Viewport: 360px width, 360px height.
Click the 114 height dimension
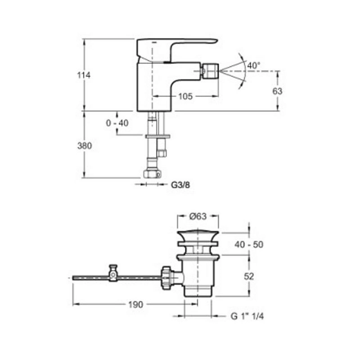pos(84,75)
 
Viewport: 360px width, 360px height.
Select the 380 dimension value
pos(85,146)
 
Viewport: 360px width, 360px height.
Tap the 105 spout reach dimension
pos(185,96)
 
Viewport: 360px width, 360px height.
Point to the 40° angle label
pos(254,65)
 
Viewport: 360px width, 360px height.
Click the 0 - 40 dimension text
pos(117,123)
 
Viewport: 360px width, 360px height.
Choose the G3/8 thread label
pos(180,184)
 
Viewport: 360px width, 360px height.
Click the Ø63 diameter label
pos(198,216)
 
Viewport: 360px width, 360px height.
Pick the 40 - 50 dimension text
pos(249,244)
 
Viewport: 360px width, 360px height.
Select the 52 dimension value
pos(249,276)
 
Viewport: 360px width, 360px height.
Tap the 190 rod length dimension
pos(135,305)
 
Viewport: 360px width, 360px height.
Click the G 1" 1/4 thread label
pos(247,316)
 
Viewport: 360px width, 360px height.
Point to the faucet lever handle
pos(177,50)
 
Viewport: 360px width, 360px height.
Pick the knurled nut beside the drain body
pos(167,278)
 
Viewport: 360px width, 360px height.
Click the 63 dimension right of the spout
pos(277,91)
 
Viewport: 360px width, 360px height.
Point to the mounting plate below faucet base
pos(158,136)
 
